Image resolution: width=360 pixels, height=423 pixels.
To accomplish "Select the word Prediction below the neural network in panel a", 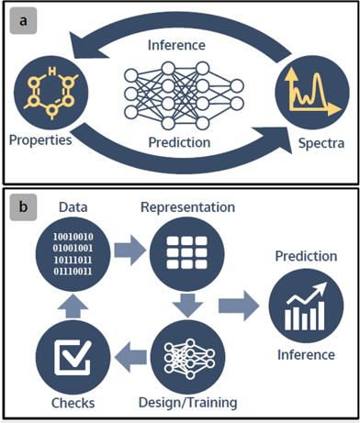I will coord(179,143).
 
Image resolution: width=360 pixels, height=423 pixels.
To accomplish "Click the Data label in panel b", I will coord(72,207).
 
